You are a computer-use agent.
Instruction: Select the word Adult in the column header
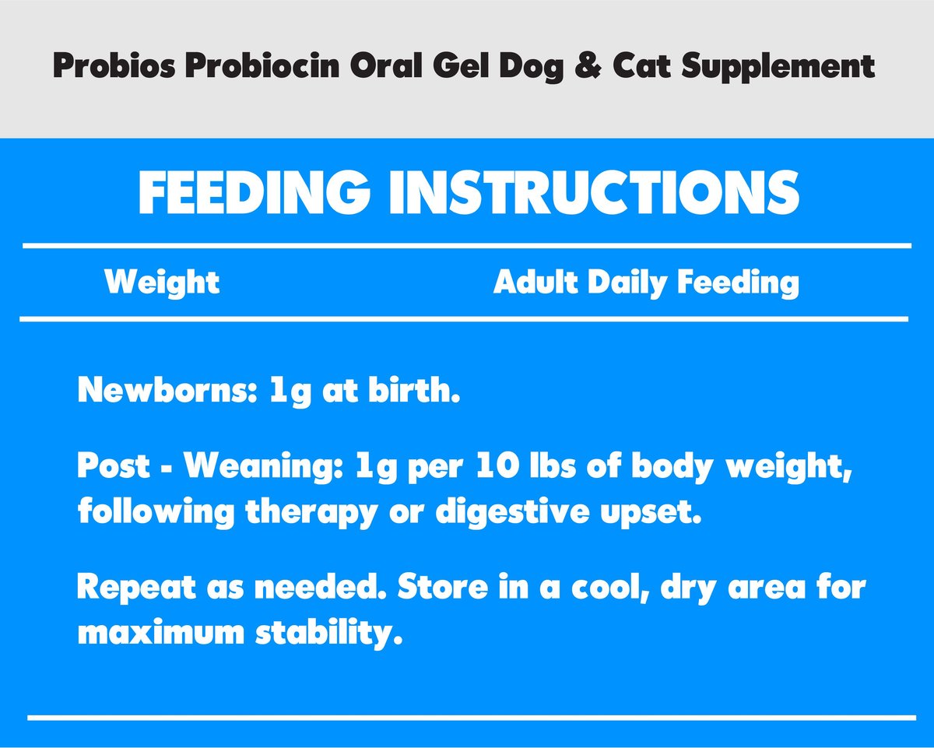[537, 282]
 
